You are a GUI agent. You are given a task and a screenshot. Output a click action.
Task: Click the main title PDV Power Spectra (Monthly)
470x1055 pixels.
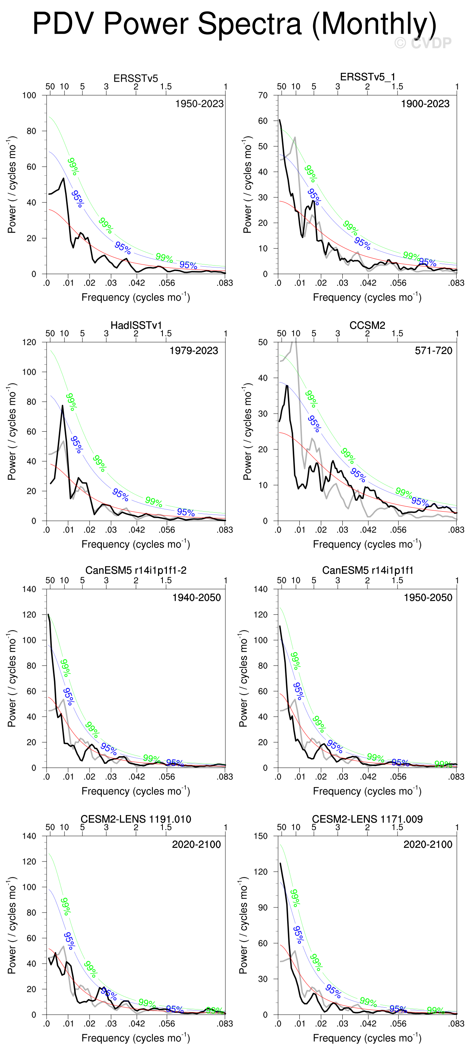point(234,24)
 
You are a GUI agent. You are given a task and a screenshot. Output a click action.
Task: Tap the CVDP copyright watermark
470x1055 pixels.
point(423,43)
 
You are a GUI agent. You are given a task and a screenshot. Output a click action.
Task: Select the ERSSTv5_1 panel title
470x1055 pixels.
point(367,77)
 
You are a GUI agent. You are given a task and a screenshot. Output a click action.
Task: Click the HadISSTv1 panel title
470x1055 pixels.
point(135,325)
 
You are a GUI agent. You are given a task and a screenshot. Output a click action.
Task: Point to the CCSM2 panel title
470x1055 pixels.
point(367,325)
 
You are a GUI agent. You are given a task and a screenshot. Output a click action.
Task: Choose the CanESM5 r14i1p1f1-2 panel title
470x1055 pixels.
point(135,570)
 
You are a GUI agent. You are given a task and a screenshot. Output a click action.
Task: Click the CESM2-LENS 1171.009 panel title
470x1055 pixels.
point(367,819)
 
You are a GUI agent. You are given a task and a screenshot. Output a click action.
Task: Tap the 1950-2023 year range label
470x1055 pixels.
point(199,104)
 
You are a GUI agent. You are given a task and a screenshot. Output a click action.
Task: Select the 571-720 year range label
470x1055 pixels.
point(433,351)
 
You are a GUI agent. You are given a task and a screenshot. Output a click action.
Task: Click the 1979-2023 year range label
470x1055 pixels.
point(194,351)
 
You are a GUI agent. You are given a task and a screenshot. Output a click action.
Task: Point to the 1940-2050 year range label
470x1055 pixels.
point(196,597)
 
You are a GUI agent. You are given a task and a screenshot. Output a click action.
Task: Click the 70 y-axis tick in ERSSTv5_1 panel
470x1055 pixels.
point(263,95)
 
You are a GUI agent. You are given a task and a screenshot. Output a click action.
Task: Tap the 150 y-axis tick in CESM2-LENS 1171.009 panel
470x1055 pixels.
point(260,836)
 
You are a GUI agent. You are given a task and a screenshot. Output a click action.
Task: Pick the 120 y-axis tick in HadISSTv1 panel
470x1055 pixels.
point(29,343)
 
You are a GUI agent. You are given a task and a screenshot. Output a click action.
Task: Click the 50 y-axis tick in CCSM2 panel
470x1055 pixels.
point(263,343)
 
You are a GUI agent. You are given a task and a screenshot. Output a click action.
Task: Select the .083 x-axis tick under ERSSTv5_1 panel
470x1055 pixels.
point(456,283)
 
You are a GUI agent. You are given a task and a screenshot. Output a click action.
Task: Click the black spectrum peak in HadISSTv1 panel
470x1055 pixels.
point(63,406)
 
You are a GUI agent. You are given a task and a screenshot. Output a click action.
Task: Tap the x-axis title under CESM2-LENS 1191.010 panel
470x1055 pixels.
point(135,1038)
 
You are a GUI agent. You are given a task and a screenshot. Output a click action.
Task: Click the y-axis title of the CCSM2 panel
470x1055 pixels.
point(247,431)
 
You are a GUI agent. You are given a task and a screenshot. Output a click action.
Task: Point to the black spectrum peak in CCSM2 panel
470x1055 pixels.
point(287,386)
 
